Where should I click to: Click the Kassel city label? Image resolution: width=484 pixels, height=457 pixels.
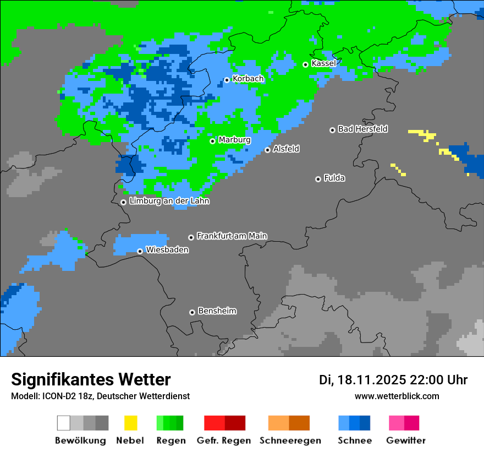click(x=323, y=63)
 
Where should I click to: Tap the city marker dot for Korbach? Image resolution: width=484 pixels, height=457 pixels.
click(x=227, y=80)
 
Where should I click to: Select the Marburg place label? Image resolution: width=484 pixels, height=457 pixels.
click(x=234, y=140)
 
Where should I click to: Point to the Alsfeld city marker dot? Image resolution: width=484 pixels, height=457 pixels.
click(x=267, y=150)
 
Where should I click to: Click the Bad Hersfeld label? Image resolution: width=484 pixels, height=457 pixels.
click(x=362, y=129)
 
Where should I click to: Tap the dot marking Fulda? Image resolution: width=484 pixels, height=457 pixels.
click(x=318, y=179)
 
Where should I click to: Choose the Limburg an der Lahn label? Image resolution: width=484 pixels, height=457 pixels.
click(x=169, y=201)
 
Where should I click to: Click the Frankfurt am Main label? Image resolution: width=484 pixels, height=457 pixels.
click(x=232, y=236)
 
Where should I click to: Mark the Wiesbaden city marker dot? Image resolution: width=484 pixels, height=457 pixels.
click(x=140, y=251)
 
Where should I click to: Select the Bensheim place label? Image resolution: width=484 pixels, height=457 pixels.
click(x=217, y=311)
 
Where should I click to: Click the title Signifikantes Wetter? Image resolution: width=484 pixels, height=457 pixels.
click(x=91, y=379)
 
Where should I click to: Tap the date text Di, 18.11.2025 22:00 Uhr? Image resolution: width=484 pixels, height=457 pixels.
click(x=393, y=380)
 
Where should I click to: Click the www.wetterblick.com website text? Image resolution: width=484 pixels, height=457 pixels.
click(x=397, y=396)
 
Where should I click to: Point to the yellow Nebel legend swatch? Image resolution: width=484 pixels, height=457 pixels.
click(x=130, y=423)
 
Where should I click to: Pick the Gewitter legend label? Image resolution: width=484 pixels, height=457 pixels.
click(x=406, y=440)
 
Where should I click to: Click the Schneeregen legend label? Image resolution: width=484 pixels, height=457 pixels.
click(x=290, y=440)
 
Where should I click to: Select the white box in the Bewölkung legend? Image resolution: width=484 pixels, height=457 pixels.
click(x=64, y=423)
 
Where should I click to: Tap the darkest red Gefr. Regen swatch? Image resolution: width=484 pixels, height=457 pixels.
click(x=235, y=423)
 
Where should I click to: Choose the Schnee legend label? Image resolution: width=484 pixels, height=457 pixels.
click(x=355, y=440)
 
